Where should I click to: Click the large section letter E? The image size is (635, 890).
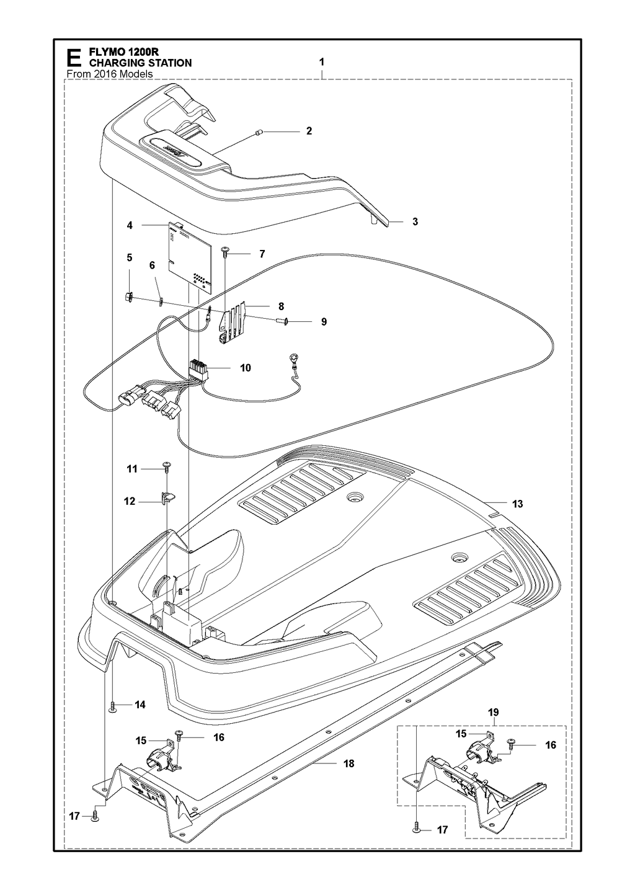(x=74, y=58)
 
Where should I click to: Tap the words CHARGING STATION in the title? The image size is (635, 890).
(x=140, y=63)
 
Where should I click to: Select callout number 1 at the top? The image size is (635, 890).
(x=321, y=62)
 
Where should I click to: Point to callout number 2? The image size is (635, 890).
(x=309, y=131)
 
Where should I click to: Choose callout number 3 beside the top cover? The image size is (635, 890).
(x=415, y=221)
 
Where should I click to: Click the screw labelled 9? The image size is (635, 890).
(x=281, y=321)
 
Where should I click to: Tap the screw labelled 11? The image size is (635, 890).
(x=166, y=466)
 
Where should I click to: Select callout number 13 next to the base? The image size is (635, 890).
(x=517, y=504)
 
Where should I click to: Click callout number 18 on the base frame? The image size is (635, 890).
(x=349, y=763)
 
